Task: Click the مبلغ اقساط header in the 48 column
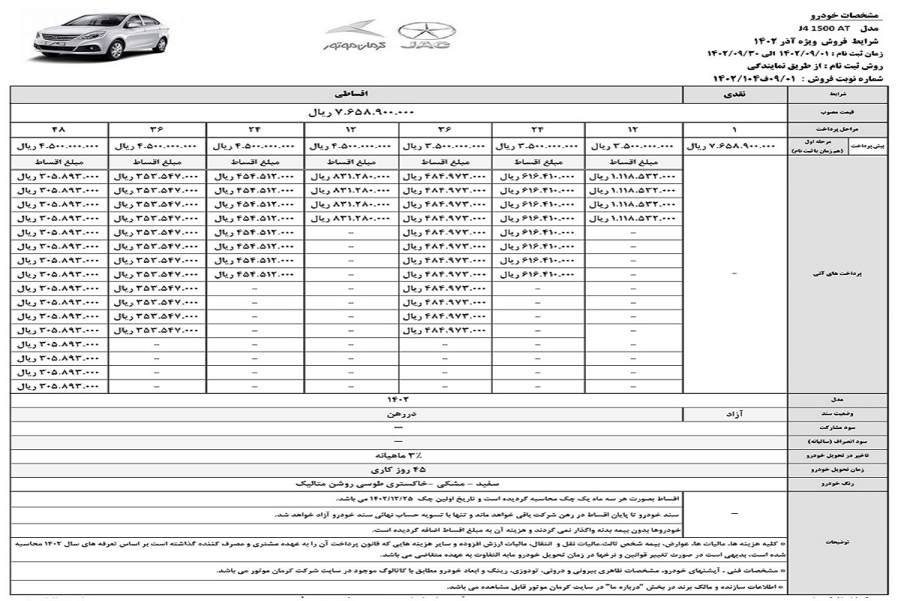click(59, 162)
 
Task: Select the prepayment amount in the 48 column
click(59, 146)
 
